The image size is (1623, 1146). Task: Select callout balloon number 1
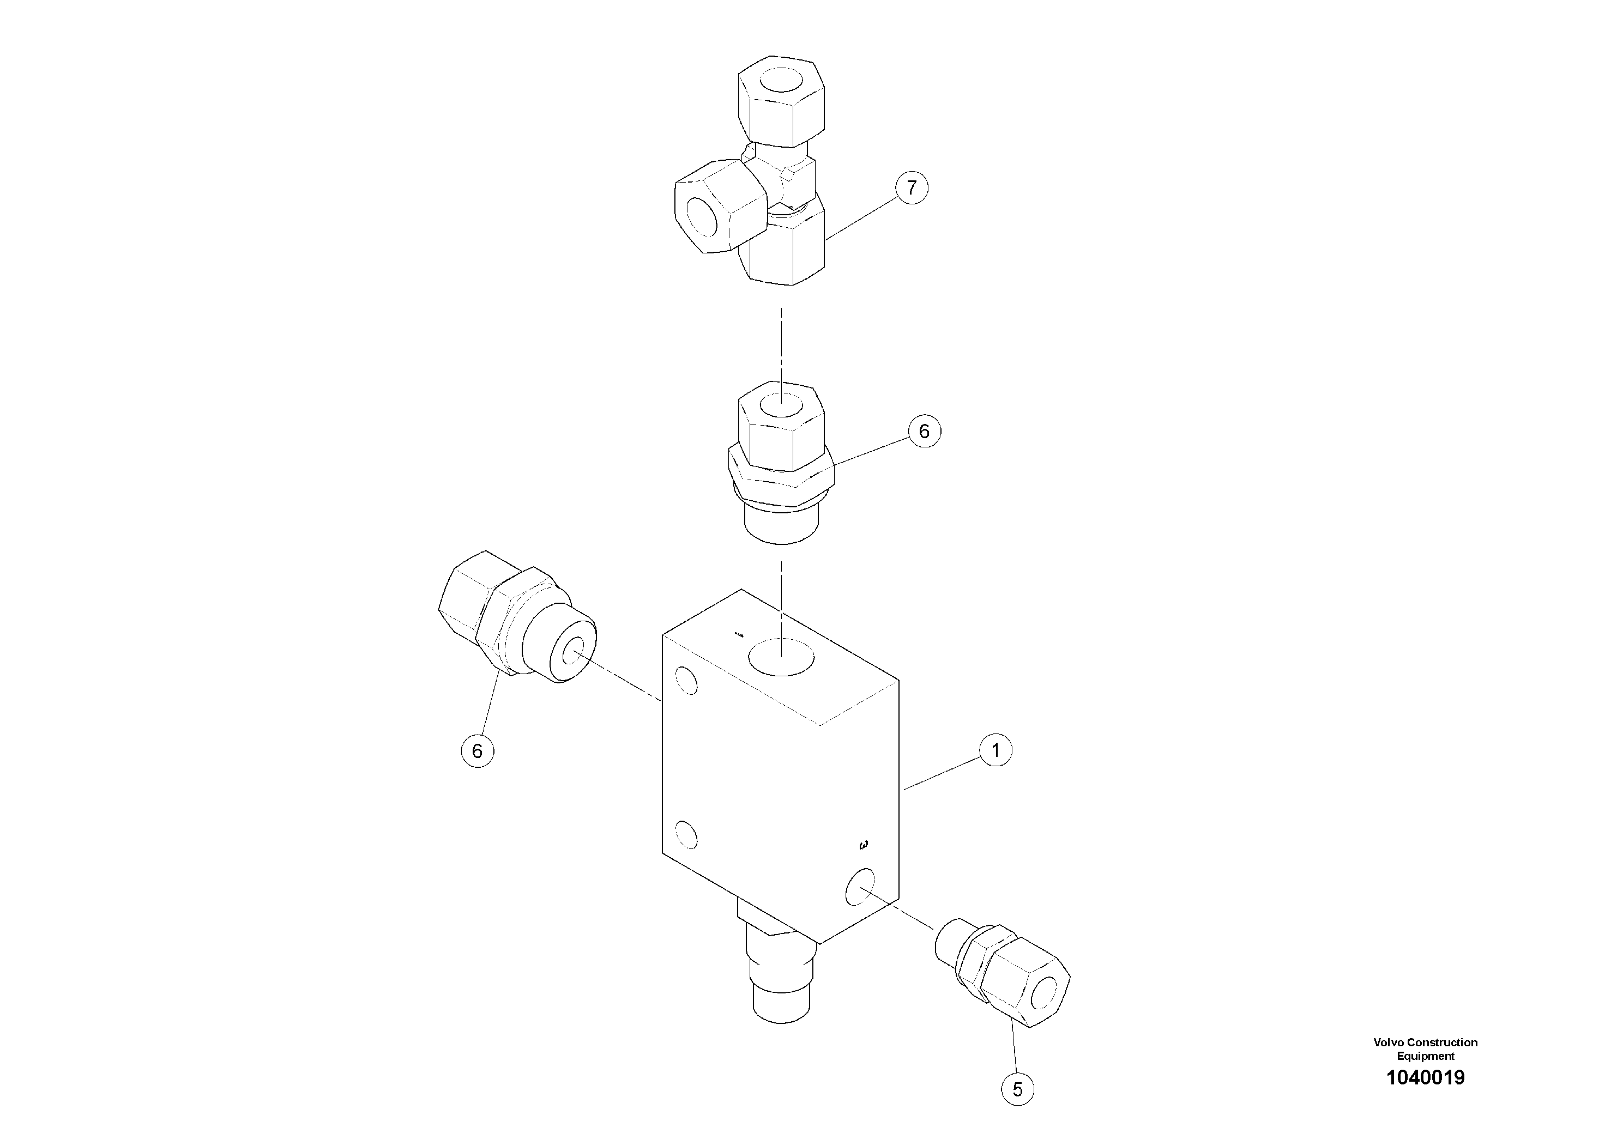coord(995,750)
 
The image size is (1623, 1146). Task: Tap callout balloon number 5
coord(1017,1089)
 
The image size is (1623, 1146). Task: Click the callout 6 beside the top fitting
coord(924,431)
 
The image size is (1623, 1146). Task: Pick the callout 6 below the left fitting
coord(477,750)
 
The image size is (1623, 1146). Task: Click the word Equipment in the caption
coord(1425,1056)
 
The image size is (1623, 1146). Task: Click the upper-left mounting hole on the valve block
coord(686,681)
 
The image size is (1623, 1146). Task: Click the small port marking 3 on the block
coord(863,845)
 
